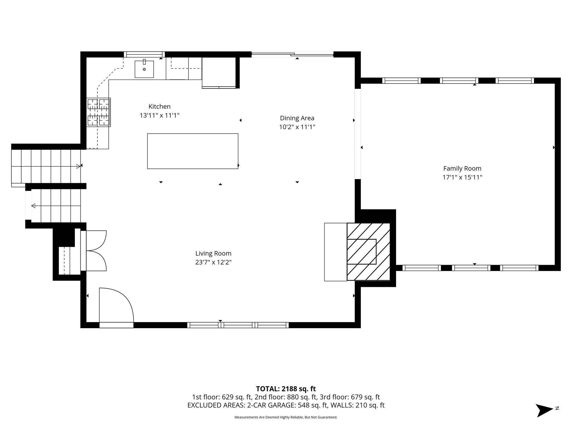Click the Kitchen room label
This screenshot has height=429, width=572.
pos(159,106)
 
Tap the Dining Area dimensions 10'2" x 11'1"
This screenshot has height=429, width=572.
pos(297,127)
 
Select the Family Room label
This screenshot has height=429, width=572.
pos(462,168)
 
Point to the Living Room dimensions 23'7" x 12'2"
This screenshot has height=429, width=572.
pos(213,262)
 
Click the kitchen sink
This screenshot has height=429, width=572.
pos(144,69)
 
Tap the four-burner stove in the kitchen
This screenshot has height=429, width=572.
pos(99,112)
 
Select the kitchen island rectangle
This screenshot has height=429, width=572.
pos(193,151)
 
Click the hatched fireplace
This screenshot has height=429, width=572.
pos(368,252)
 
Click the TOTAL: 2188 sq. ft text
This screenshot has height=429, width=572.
pos(286,389)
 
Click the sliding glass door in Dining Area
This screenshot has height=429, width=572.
pos(292,55)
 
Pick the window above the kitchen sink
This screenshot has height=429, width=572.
pos(144,54)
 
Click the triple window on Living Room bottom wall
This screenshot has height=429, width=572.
pos(238,325)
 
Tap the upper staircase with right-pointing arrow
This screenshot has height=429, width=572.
pos(46,166)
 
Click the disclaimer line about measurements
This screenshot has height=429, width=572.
pos(286,417)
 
